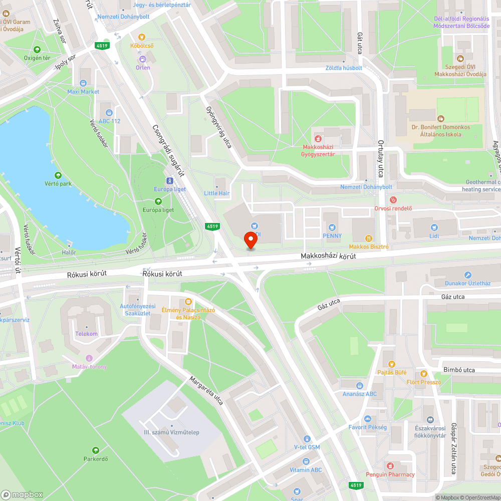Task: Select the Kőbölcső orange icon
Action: coord(142,37)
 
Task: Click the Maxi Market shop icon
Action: coord(83,83)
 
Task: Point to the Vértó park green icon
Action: coord(58,175)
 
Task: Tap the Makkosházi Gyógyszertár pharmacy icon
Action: coord(317,138)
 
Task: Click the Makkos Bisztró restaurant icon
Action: coord(370,238)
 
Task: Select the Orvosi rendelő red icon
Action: coord(393,200)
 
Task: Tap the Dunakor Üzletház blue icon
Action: coord(467,275)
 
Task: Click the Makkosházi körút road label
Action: coord(328,256)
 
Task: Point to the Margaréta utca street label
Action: coord(206,390)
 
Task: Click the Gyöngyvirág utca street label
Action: coord(219,127)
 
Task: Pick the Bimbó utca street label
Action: coord(458,370)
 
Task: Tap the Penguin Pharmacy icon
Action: coord(390,466)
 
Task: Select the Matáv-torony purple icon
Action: coord(90,358)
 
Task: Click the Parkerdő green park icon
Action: coord(95,450)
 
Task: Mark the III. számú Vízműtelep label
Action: coord(171,432)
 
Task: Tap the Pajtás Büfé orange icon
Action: coord(392,364)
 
